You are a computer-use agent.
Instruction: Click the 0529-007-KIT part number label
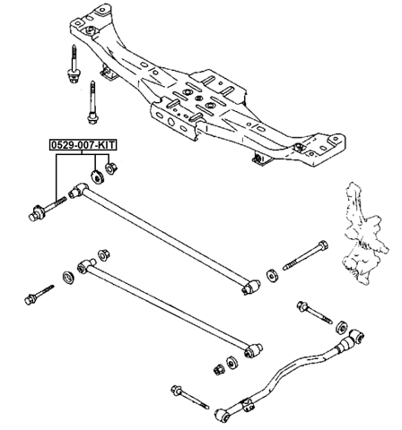pos(83,143)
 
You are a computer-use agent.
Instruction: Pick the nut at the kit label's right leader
pos(111,167)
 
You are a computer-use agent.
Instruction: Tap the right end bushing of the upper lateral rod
pos(252,287)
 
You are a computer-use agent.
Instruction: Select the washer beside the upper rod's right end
pos(272,272)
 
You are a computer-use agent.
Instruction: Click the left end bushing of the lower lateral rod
pos(86,266)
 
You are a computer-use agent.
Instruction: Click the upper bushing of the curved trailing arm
pos(357,338)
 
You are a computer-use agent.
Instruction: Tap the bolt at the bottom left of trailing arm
pos(184,391)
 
